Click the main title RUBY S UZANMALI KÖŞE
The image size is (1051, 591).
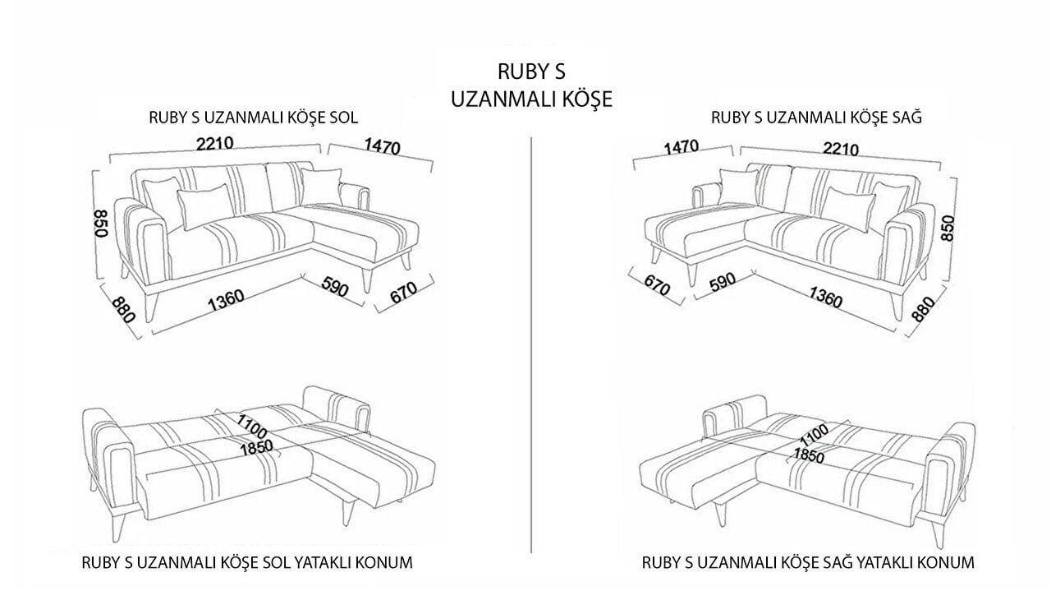click(x=532, y=83)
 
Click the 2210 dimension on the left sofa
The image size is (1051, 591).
click(x=216, y=142)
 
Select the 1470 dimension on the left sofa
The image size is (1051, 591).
click(x=379, y=148)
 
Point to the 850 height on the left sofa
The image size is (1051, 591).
click(x=101, y=222)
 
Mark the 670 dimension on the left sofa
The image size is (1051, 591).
click(x=403, y=292)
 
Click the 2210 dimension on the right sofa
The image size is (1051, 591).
click(x=838, y=149)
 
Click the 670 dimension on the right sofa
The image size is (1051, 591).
click(x=657, y=287)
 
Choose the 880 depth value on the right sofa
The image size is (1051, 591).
click(x=923, y=308)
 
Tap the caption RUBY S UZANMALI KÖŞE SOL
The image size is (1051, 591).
click(x=253, y=117)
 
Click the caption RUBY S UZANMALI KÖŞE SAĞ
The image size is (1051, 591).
click(x=816, y=117)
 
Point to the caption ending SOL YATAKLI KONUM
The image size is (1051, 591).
click(x=247, y=563)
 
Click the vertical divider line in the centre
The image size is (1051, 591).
click(x=532, y=345)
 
